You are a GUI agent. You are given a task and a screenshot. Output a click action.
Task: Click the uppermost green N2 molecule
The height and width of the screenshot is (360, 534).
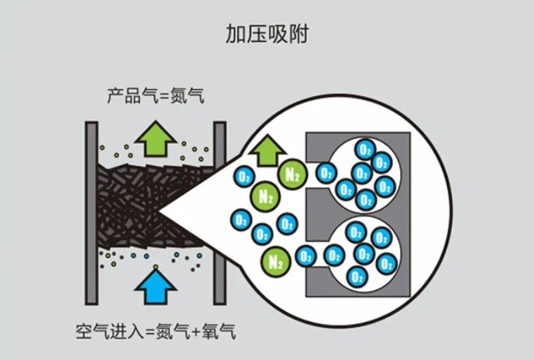click(290, 173)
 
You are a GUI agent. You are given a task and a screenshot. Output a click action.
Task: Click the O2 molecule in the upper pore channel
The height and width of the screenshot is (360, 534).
click(325, 172)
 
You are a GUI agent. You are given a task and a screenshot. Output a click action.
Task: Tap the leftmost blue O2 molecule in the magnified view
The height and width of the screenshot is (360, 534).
click(241, 220)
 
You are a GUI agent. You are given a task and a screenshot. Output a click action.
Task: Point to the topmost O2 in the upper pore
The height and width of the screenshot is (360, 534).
click(364, 149)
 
